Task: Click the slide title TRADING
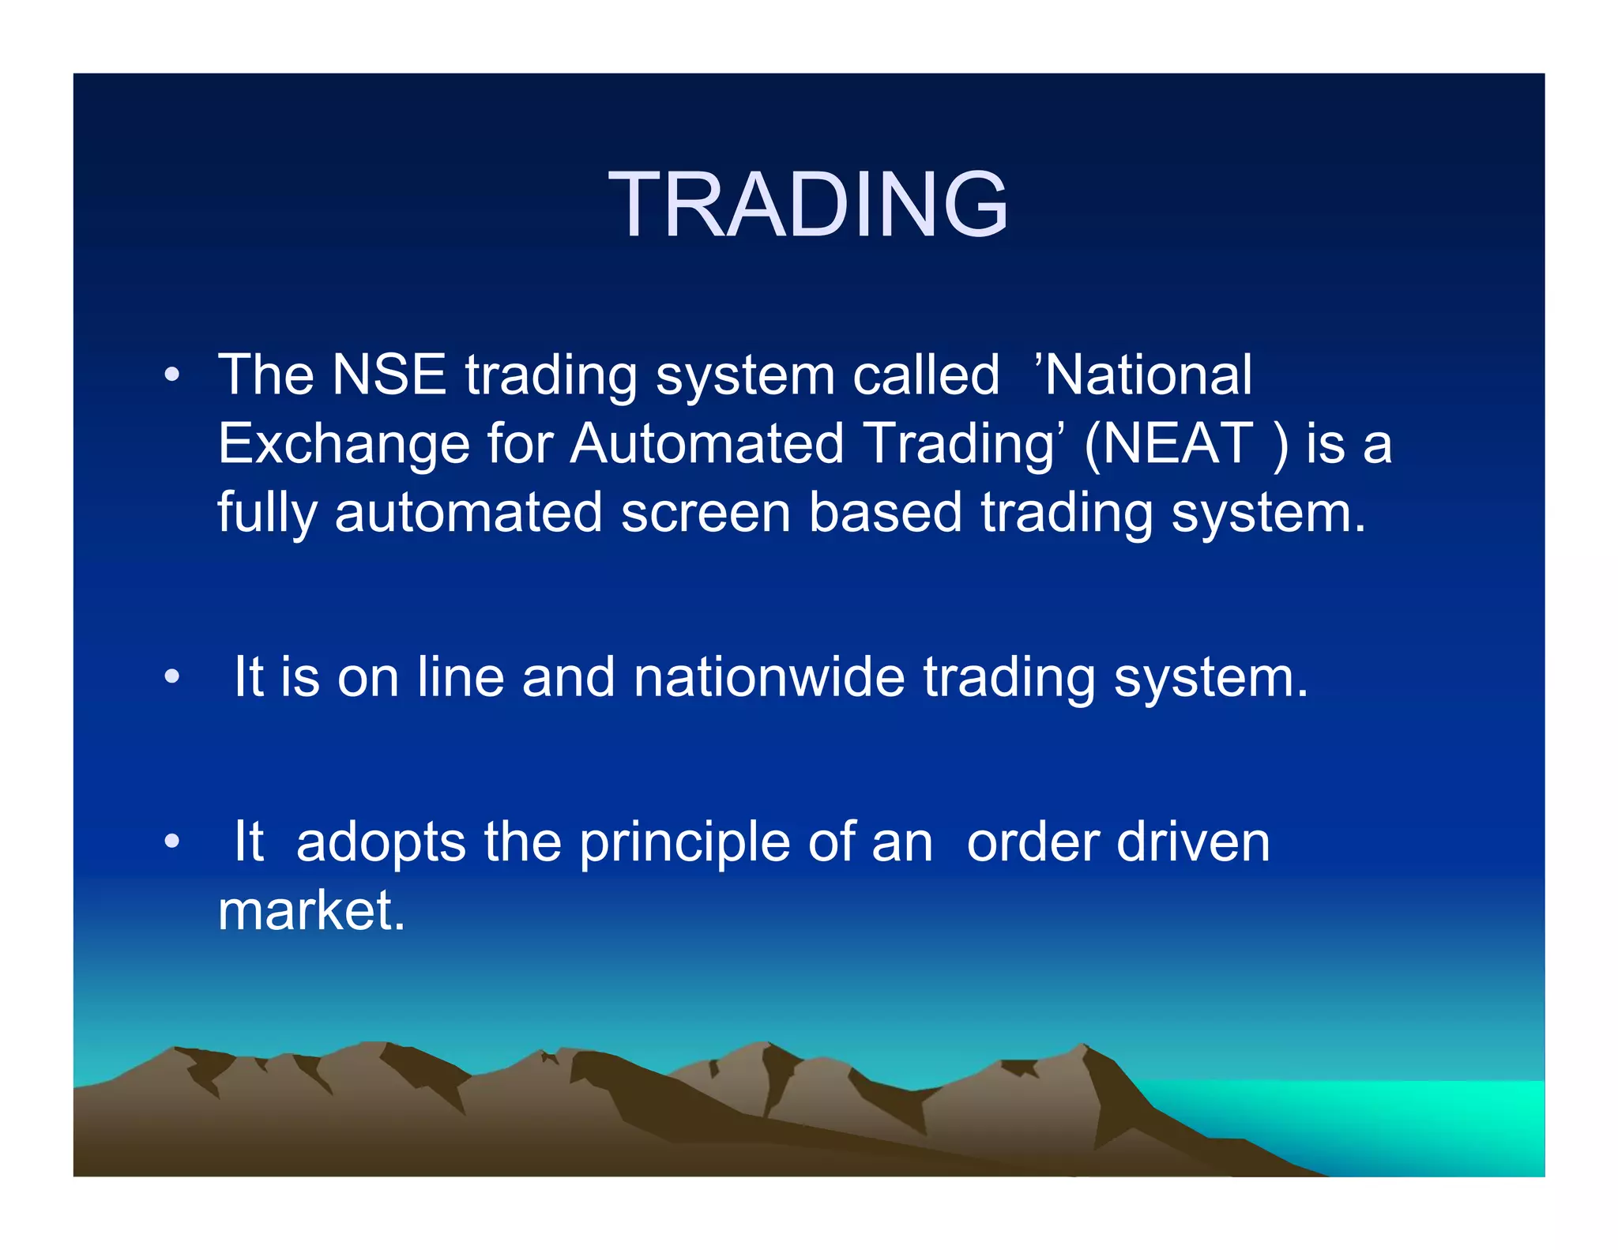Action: [x=807, y=205]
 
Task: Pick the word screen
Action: [x=706, y=513]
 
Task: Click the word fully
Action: [x=266, y=514]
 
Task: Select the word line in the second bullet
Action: [x=461, y=677]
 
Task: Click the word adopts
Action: [x=381, y=843]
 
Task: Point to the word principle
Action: [x=684, y=843]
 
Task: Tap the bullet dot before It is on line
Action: [x=171, y=677]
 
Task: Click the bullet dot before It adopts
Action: [x=171, y=841]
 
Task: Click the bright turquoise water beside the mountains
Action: [x=1406, y=1122]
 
